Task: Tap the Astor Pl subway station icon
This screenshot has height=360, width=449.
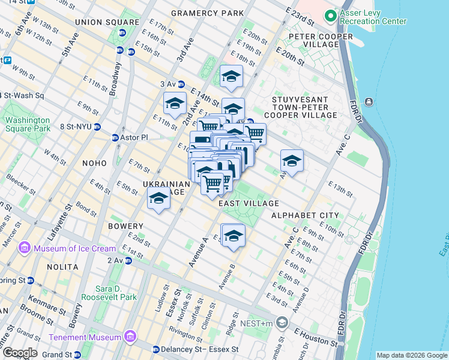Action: (115, 137)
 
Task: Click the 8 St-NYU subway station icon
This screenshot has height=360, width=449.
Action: (97, 126)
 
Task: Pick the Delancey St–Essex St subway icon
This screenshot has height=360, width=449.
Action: (155, 349)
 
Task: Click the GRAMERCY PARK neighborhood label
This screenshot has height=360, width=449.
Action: (207, 13)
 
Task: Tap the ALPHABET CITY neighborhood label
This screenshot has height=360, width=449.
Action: (304, 215)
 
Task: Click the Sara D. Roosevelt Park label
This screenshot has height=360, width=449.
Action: (113, 291)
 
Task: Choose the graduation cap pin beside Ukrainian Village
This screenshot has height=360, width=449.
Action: (159, 199)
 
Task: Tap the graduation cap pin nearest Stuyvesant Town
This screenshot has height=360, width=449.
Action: (292, 161)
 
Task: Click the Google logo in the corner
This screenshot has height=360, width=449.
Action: (19, 353)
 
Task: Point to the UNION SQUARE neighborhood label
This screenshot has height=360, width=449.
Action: (100, 22)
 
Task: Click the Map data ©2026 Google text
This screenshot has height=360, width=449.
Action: (411, 355)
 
